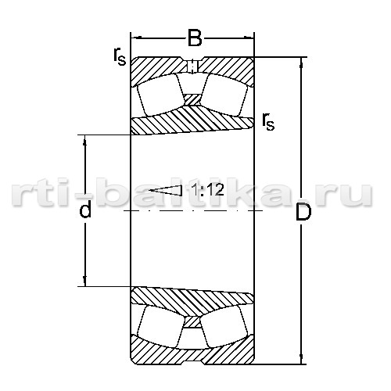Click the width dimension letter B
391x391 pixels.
click(x=195, y=38)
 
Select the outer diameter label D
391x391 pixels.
click(x=303, y=212)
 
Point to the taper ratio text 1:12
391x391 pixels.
click(x=208, y=189)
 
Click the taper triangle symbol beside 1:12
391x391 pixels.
click(x=166, y=190)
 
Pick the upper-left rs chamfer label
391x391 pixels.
click(x=120, y=57)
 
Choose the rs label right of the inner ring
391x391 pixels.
click(x=268, y=122)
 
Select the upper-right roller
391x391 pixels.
click(x=224, y=95)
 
